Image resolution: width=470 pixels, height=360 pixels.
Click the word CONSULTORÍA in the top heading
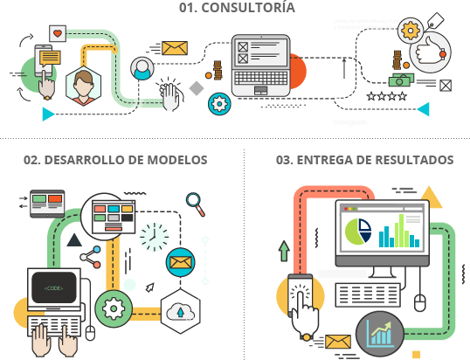248,8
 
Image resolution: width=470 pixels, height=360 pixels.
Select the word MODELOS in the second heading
177,160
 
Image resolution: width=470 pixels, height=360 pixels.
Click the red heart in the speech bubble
58,33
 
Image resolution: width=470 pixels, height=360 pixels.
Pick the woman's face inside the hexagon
83,85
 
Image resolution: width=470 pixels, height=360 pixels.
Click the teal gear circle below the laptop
219,104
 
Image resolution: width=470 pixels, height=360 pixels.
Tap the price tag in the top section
436,20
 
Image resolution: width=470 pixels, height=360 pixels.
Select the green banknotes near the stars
401,80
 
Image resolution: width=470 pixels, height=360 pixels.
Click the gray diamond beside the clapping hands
197,88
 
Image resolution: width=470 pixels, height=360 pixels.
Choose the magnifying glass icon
196,204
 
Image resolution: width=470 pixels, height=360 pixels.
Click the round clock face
154,237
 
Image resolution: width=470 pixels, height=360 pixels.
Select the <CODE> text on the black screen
53,288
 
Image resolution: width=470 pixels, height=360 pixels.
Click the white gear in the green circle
114,308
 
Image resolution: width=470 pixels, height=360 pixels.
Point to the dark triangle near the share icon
74,239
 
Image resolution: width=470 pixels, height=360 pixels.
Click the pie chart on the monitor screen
358,231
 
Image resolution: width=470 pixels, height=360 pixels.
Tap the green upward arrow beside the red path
284,251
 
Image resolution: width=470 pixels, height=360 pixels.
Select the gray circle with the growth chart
380,334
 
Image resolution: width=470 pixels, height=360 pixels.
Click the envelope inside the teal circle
181,263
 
